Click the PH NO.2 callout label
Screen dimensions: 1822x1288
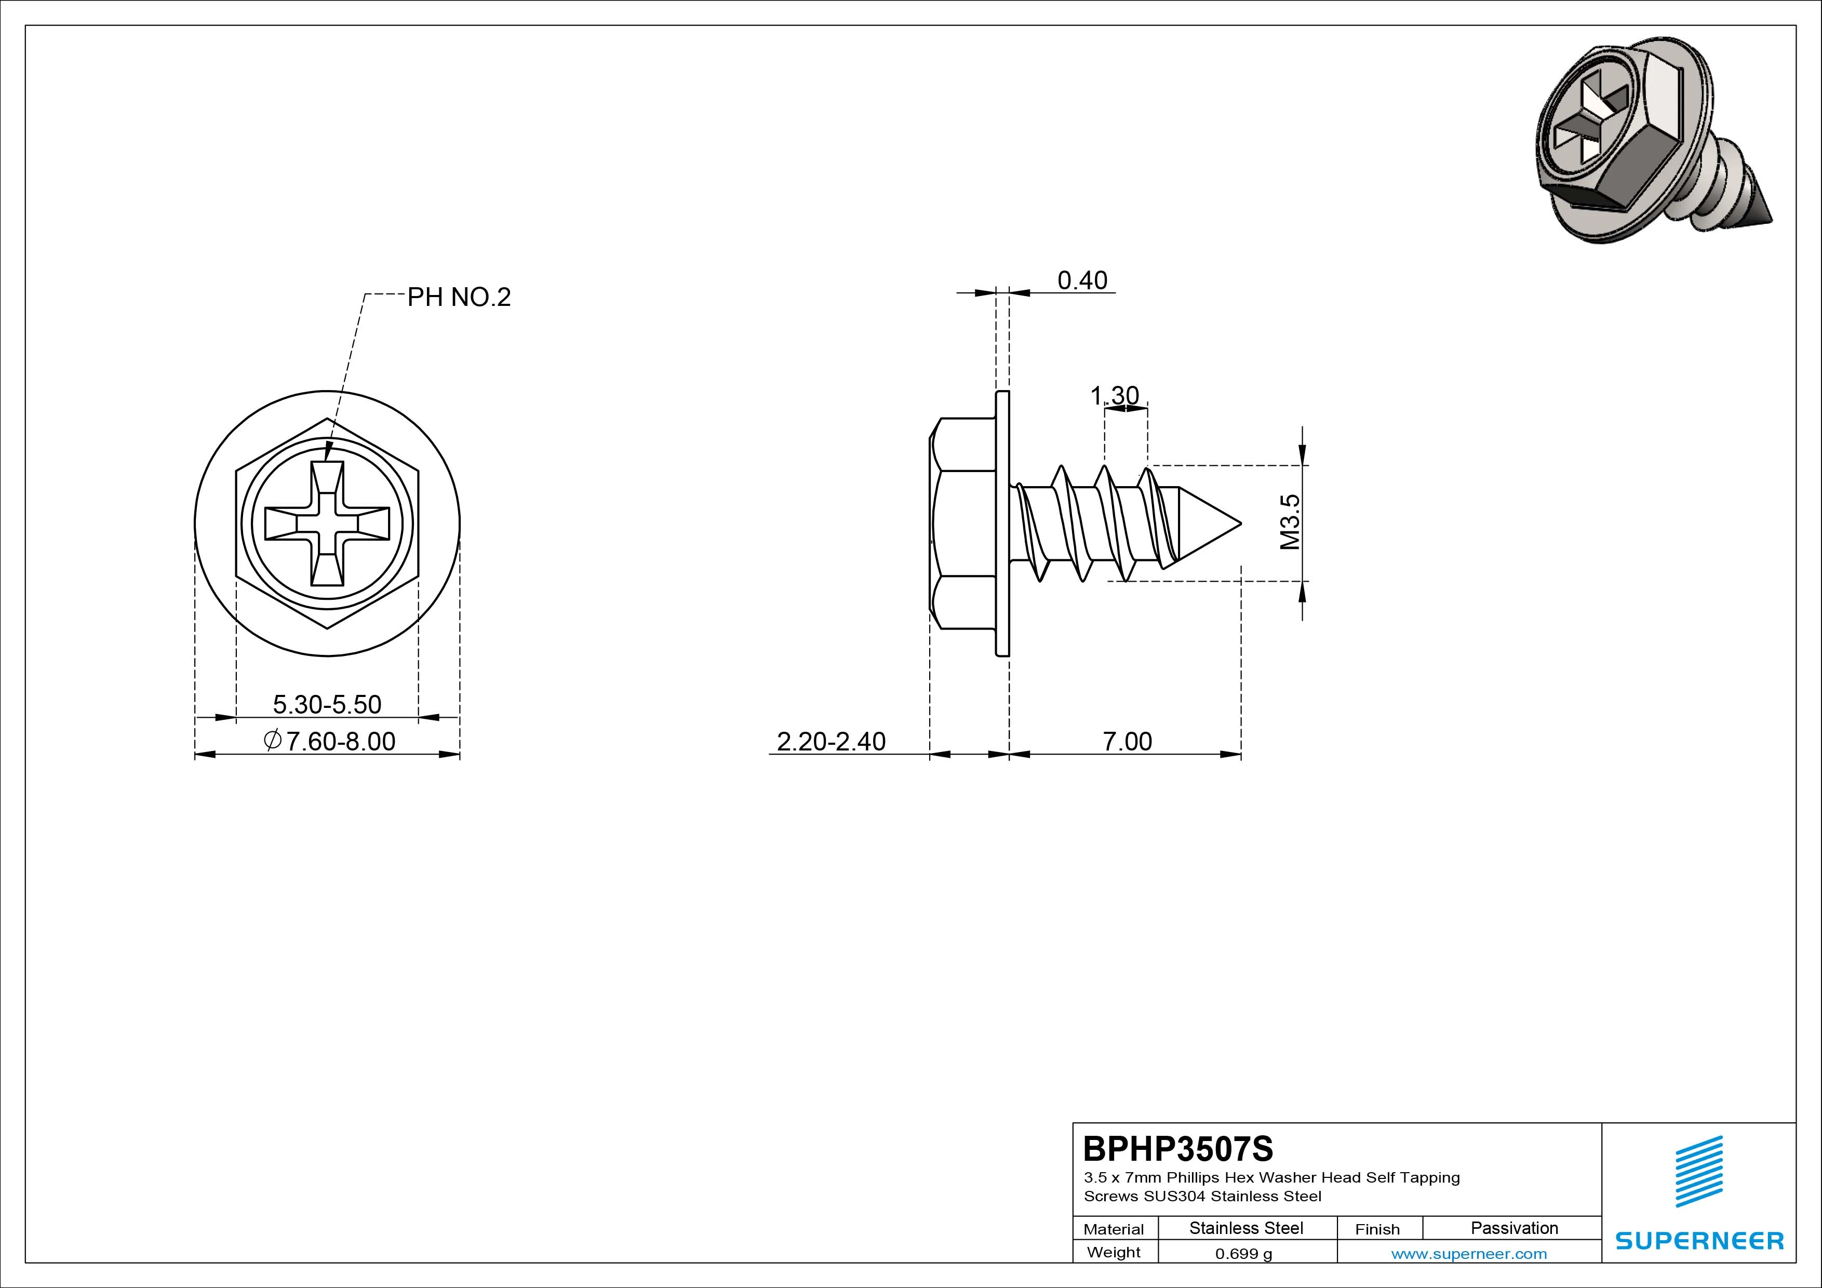(x=459, y=298)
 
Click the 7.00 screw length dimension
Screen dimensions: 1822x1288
(x=1127, y=741)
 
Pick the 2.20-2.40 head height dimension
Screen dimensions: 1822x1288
(x=831, y=741)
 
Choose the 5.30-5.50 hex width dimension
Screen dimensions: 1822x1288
(x=327, y=704)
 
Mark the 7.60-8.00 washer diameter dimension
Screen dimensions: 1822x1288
(x=329, y=741)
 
